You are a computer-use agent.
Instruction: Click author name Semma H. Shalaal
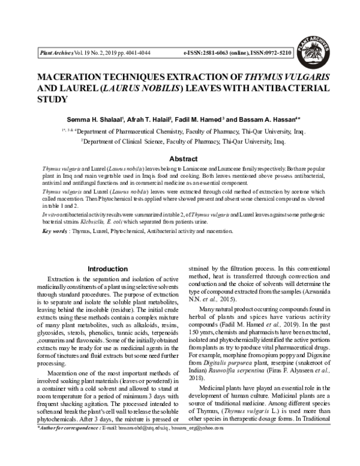[113, 118]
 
